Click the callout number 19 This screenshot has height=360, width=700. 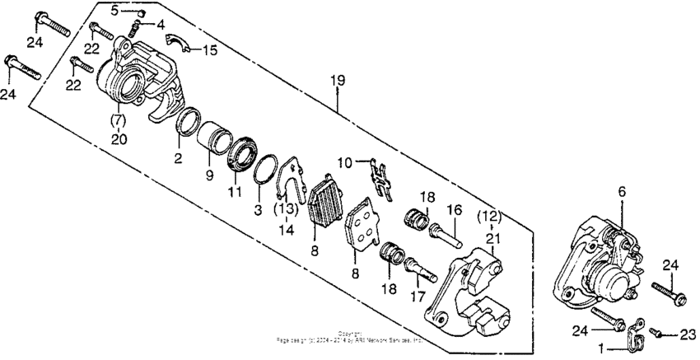[x=337, y=81]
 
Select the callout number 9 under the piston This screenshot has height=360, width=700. [x=210, y=174]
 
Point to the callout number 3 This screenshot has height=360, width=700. [x=257, y=211]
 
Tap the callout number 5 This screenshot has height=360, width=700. [x=114, y=10]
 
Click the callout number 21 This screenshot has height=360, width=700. [x=492, y=238]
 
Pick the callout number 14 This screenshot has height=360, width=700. [x=286, y=231]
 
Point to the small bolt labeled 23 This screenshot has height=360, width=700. [x=658, y=331]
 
